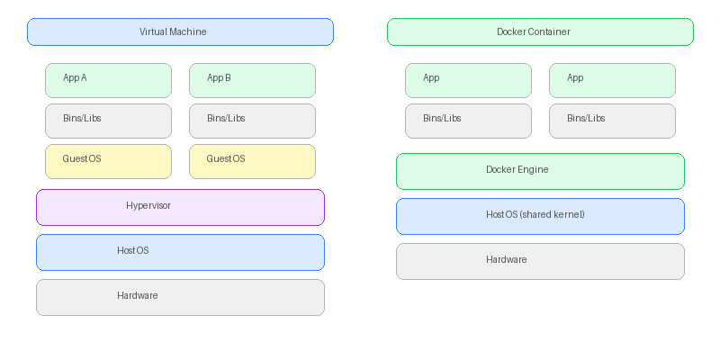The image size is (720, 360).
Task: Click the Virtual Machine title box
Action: pyautogui.click(x=180, y=31)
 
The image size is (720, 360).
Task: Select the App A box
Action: pyautogui.click(x=108, y=80)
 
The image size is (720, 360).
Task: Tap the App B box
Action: pyautogui.click(x=252, y=80)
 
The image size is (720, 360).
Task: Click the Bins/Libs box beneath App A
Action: pyautogui.click(x=108, y=121)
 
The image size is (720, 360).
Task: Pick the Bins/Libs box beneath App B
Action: pyautogui.click(x=252, y=121)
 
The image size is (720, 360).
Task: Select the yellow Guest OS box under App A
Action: pyautogui.click(x=108, y=161)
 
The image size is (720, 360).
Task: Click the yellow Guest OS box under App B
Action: pyautogui.click(x=252, y=161)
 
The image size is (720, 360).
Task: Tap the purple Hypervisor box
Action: pyautogui.click(x=180, y=207)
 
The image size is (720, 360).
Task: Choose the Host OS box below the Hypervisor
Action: pyautogui.click(x=180, y=252)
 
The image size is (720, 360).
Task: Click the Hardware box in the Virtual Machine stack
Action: pyautogui.click(x=180, y=297)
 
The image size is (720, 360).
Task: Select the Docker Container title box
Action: pyautogui.click(x=540, y=31)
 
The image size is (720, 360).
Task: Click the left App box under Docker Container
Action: pyautogui.click(x=468, y=80)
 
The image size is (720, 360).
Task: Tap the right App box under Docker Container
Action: pyautogui.click(x=612, y=80)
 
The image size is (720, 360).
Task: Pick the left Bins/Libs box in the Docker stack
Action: pyautogui.click(x=468, y=121)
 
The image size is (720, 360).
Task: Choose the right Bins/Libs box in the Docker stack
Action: pyautogui.click(x=612, y=121)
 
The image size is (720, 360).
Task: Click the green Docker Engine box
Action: pyautogui.click(x=540, y=171)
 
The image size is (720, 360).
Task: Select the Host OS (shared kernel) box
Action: pyautogui.click(x=540, y=216)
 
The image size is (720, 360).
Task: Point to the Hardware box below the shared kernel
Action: pyautogui.click(x=540, y=261)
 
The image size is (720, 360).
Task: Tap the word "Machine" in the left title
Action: pyautogui.click(x=188, y=32)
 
